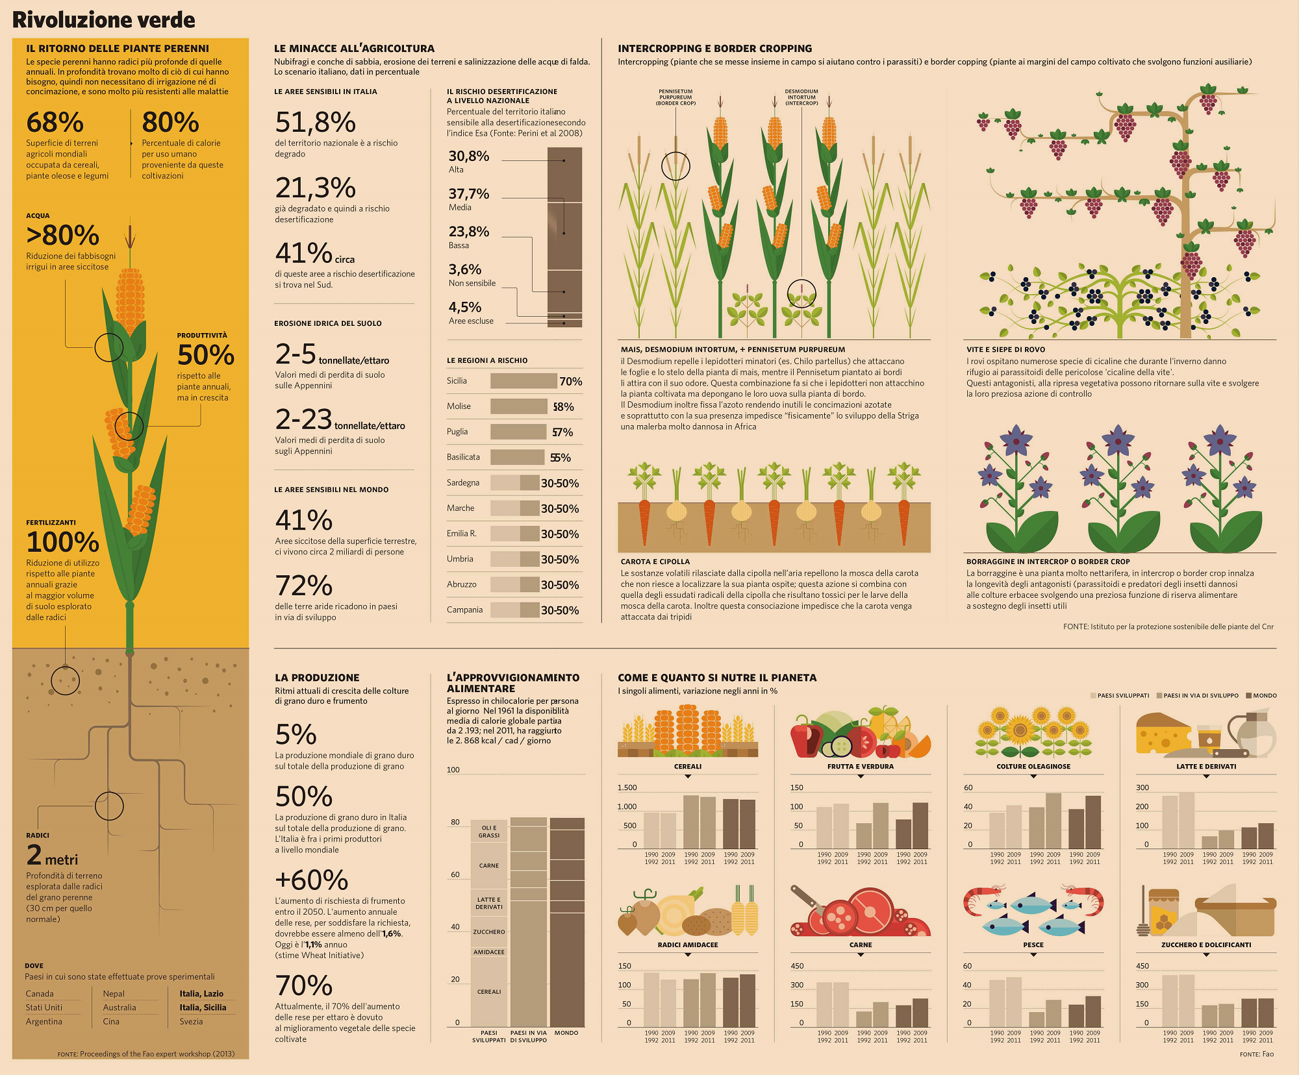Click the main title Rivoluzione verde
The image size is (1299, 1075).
coord(104,20)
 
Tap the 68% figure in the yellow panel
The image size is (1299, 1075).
coord(55,122)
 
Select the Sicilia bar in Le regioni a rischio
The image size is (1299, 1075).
coord(523,381)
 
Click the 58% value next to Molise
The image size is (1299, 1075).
coord(563,407)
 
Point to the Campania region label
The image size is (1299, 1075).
coord(464,610)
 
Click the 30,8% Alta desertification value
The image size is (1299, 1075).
coord(468,156)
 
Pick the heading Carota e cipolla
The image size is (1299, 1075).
coord(655,562)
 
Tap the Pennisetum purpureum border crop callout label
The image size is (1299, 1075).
coord(675,97)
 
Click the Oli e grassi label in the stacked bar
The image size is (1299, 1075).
coord(489,832)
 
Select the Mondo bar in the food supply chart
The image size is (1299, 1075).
coord(567,922)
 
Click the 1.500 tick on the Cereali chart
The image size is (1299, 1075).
coord(627,787)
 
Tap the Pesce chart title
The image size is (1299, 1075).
coord(1033,945)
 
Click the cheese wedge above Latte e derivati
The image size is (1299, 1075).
coord(1163,734)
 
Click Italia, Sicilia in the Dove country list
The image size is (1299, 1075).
coord(203,1007)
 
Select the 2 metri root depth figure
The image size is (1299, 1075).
coord(52,856)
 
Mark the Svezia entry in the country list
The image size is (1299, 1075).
coord(191,1021)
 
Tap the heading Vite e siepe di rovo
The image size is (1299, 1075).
coord(1005,349)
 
